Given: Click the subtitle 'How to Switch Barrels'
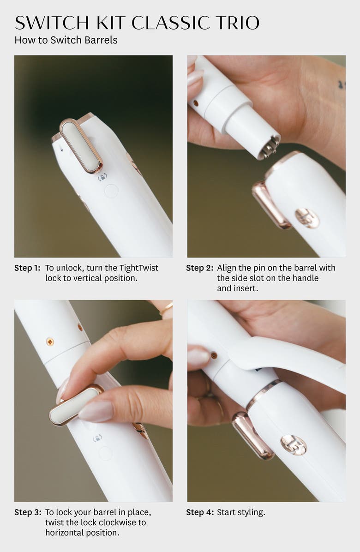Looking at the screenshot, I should [x=66, y=40].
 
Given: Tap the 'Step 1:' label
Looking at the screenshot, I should [x=27, y=268].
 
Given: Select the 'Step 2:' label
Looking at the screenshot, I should [x=199, y=268].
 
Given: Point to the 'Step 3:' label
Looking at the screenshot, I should [x=27, y=512].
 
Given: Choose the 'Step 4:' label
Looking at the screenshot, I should [x=199, y=512].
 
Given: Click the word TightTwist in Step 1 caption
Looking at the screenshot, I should [x=138, y=268].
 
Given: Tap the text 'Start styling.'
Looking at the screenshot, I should [x=241, y=512].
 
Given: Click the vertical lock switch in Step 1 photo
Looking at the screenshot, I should [x=81, y=145].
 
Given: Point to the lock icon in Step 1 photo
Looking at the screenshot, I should [x=102, y=177].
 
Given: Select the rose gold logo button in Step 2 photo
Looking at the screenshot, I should [x=307, y=217].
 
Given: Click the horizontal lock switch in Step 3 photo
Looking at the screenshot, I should [x=77, y=405].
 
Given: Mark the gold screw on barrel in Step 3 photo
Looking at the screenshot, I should [x=50, y=342].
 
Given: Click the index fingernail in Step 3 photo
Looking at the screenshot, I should [x=96, y=411].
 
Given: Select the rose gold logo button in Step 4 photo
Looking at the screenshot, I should [x=294, y=444].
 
